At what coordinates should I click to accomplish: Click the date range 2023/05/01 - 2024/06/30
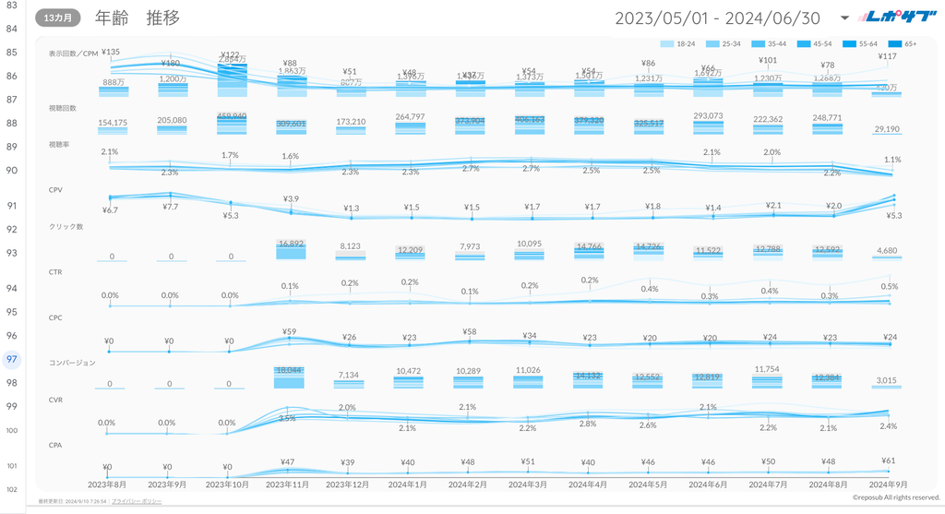(717, 18)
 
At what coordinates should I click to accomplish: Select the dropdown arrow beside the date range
(845, 18)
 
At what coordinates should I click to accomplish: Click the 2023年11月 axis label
(289, 484)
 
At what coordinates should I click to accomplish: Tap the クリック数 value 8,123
(350, 246)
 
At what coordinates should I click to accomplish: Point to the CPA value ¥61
(888, 460)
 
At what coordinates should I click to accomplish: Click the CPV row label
(57, 190)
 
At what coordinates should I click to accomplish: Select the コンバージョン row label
(72, 364)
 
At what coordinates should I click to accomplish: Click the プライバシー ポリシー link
(137, 501)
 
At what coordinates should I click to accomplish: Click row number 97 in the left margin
(12, 359)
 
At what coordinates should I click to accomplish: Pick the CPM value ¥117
(887, 57)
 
